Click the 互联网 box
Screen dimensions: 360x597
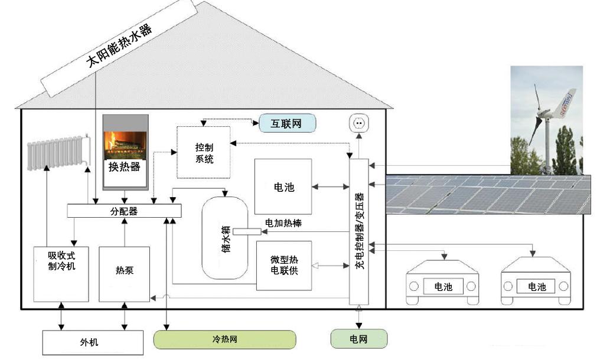pos(286,123)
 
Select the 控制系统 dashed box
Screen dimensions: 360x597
pos(204,152)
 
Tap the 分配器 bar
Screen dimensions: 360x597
pos(124,211)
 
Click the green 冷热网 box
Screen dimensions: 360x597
pos(224,339)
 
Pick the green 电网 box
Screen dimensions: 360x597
pos(358,339)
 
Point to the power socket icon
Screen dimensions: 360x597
pos(358,125)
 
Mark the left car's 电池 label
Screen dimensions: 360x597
pos(443,287)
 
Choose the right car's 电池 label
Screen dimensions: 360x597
pos(537,287)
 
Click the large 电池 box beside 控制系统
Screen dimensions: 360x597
pos(283,187)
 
